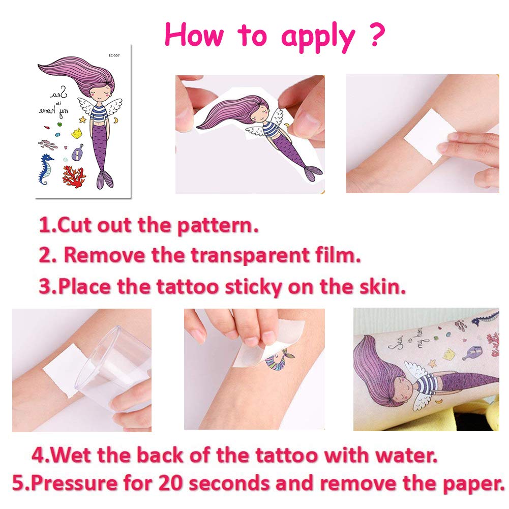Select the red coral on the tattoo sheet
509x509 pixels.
click(x=74, y=176)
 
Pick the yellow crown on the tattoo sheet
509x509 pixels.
click(x=76, y=134)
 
